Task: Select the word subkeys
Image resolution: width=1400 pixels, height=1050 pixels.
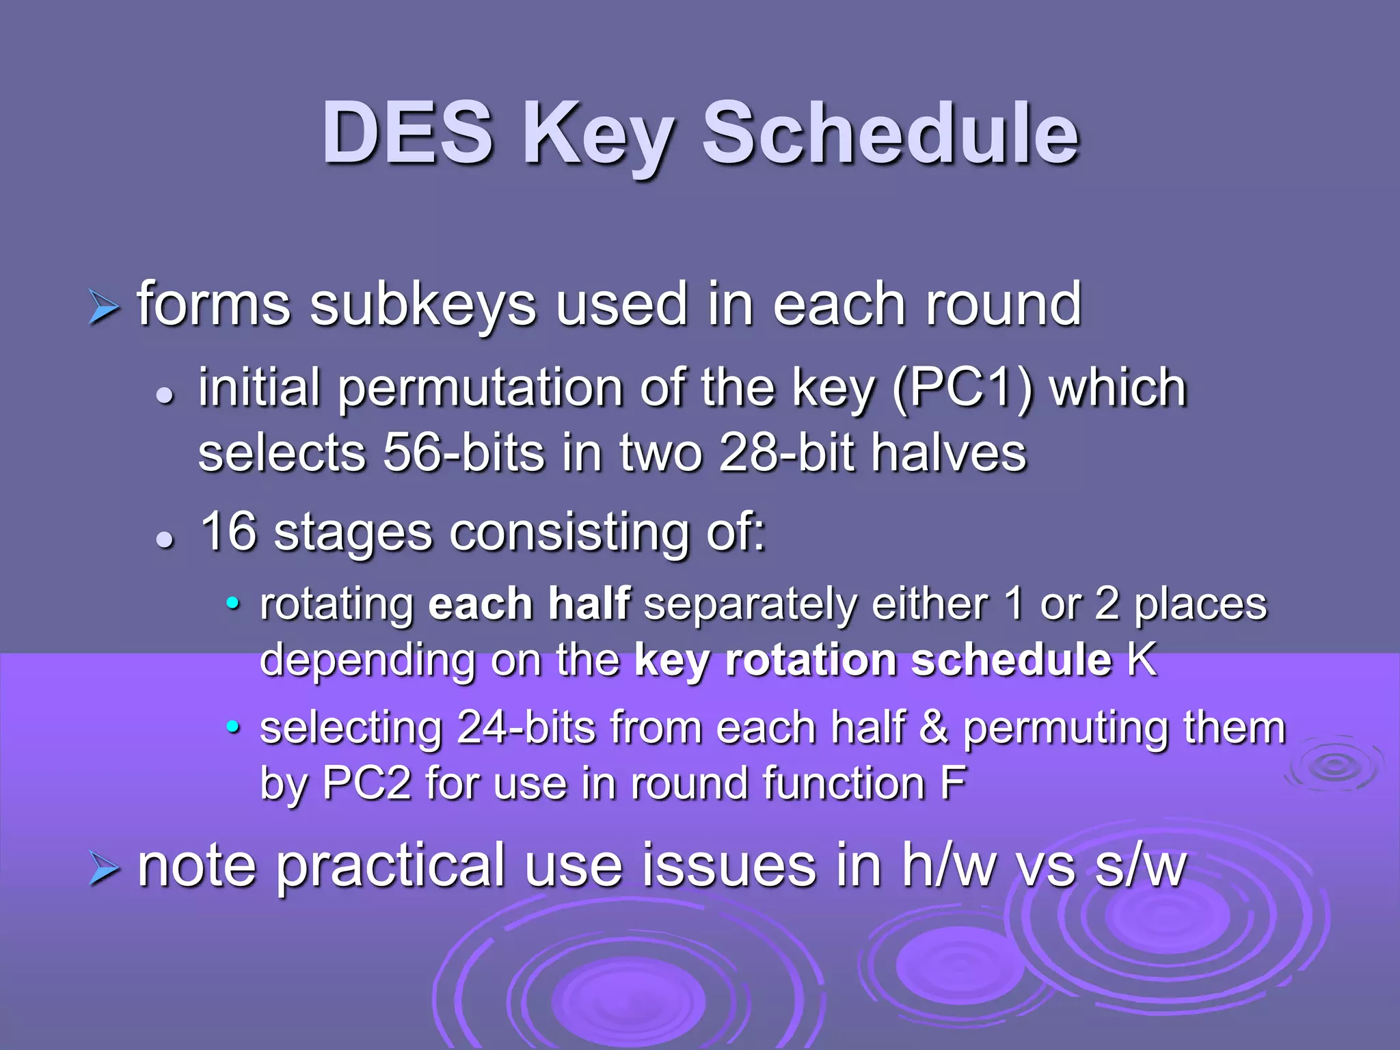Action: click(x=422, y=305)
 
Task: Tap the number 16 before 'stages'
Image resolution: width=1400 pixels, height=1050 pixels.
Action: click(x=228, y=531)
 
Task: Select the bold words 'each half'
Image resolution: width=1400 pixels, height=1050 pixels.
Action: click(x=528, y=604)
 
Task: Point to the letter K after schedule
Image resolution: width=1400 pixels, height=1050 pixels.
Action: click(x=1142, y=660)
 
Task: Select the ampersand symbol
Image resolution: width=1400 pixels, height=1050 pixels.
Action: click(x=934, y=727)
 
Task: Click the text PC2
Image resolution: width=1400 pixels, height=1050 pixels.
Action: click(x=366, y=783)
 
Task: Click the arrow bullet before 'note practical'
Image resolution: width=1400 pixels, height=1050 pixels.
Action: click(x=104, y=870)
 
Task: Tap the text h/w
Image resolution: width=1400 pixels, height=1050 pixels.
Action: click(x=950, y=867)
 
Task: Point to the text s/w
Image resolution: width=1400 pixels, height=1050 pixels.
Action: click(x=1140, y=867)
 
